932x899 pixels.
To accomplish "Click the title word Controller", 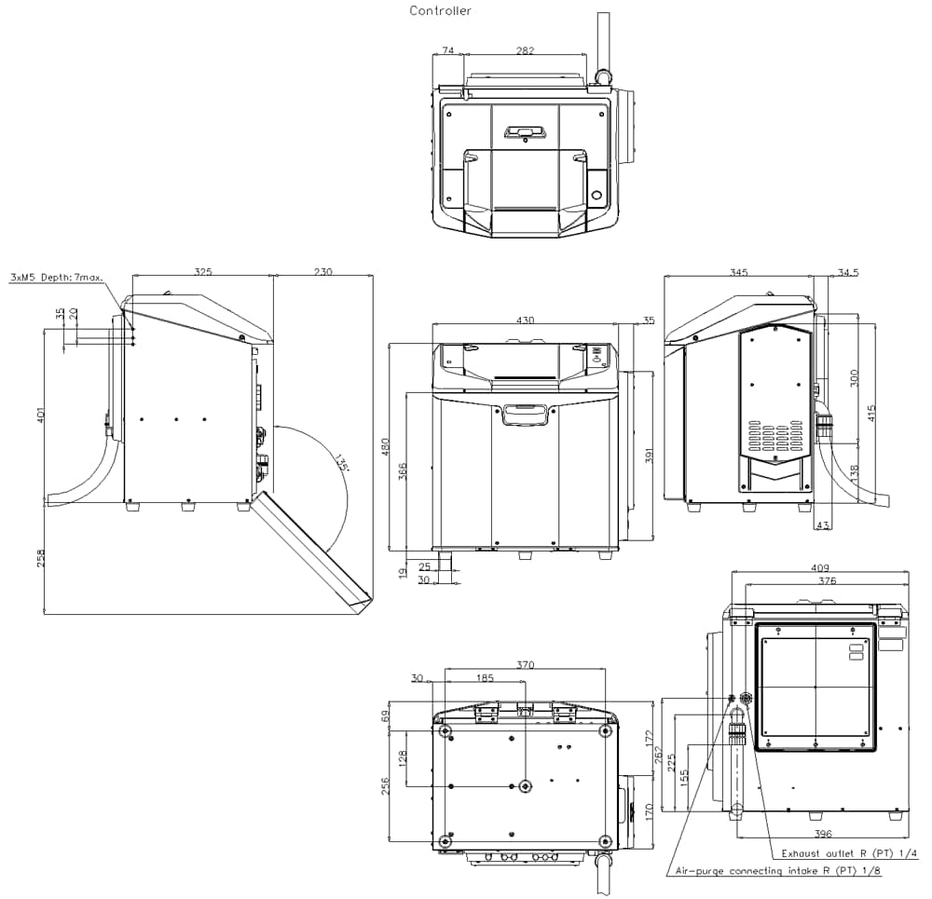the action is (x=440, y=10).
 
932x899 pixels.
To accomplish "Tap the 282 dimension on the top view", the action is (x=525, y=50).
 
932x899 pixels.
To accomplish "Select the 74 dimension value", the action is (x=448, y=50).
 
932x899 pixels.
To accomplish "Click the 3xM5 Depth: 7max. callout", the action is (x=57, y=278).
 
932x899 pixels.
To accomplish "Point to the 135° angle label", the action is (x=340, y=463).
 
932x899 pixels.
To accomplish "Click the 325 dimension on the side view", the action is (x=202, y=272).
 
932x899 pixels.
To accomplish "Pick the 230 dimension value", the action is (x=322, y=272).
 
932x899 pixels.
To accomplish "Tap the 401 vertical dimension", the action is (x=40, y=415).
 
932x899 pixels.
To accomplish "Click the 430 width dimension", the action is (x=525, y=320).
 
